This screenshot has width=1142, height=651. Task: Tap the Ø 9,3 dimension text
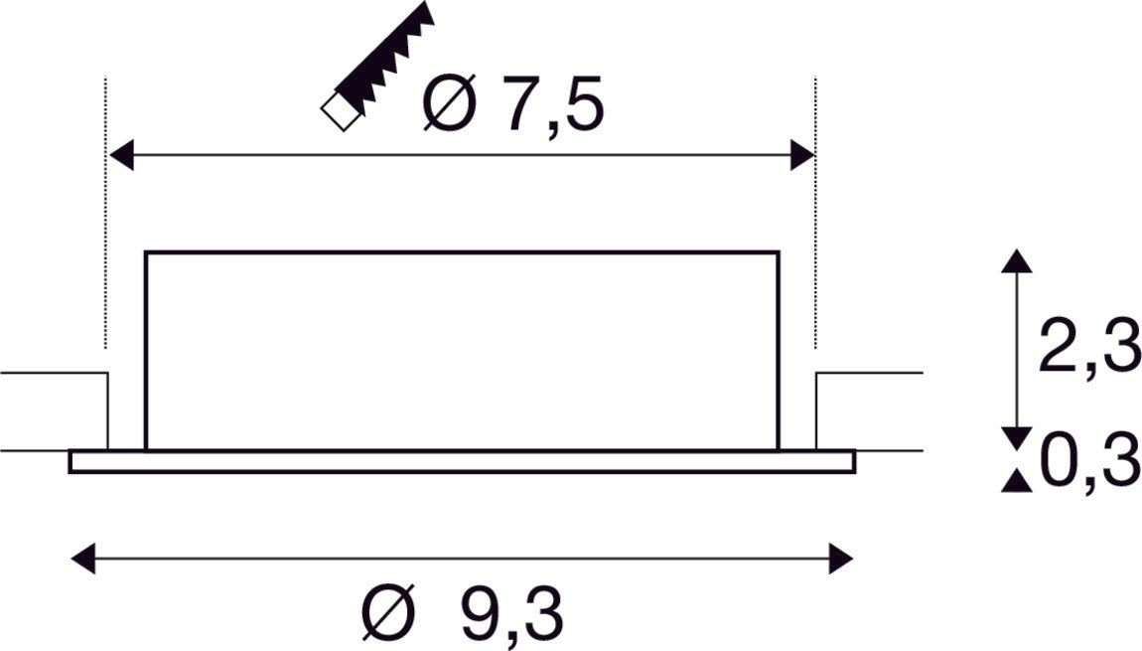(x=464, y=614)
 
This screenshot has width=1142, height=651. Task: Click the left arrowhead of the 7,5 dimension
(x=121, y=156)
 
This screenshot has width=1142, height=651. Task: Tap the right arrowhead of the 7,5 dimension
(x=801, y=156)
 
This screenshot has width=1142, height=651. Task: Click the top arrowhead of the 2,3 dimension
(x=1014, y=261)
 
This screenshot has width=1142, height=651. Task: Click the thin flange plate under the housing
(x=462, y=461)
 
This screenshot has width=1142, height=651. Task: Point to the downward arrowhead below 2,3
(x=1014, y=437)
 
